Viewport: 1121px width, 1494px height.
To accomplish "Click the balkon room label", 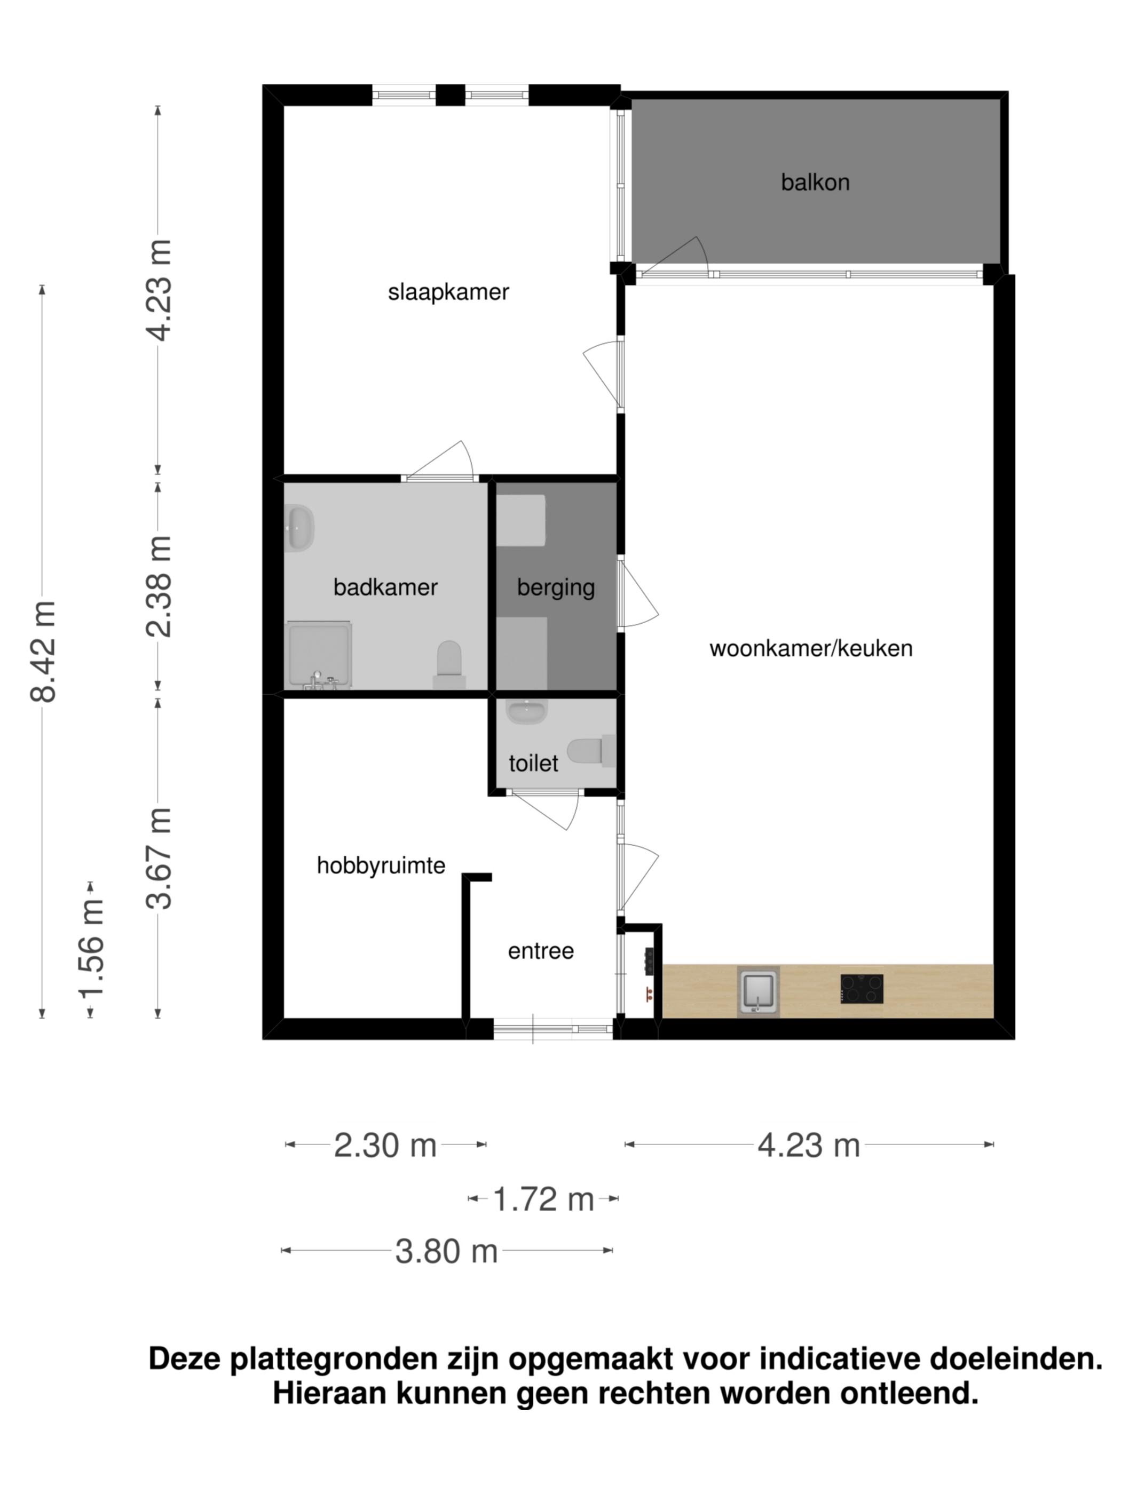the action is [x=815, y=182].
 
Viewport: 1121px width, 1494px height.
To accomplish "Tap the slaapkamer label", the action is [x=448, y=292].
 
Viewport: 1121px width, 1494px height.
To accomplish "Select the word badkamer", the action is [x=385, y=587].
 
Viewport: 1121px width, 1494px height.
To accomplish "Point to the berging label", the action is [x=556, y=587].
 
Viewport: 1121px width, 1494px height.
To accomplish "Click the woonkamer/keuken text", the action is [x=811, y=648].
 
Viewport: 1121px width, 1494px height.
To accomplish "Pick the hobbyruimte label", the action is [x=381, y=865].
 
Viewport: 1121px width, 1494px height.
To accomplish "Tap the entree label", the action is [x=541, y=951].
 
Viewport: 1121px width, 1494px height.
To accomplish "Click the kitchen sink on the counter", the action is [x=758, y=991].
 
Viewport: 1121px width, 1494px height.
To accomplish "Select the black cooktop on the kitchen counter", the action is [x=862, y=989].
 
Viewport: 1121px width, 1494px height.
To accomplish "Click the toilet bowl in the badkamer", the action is [x=449, y=663].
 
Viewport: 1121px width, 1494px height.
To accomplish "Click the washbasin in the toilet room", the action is [x=526, y=712].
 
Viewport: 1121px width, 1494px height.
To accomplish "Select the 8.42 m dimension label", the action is [x=43, y=651].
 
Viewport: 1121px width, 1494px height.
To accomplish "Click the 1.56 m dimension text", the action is [x=91, y=948].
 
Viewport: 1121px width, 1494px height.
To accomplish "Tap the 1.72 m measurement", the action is [x=543, y=1199].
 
